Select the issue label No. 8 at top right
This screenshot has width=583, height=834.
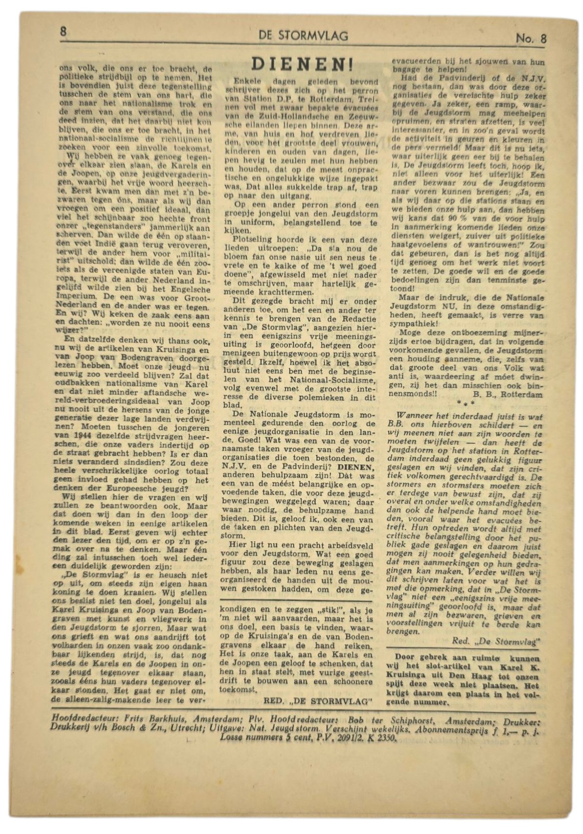tap(531, 39)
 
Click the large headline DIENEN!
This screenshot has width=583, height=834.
tap(302, 65)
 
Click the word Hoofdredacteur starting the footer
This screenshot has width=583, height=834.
tap(78, 719)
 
